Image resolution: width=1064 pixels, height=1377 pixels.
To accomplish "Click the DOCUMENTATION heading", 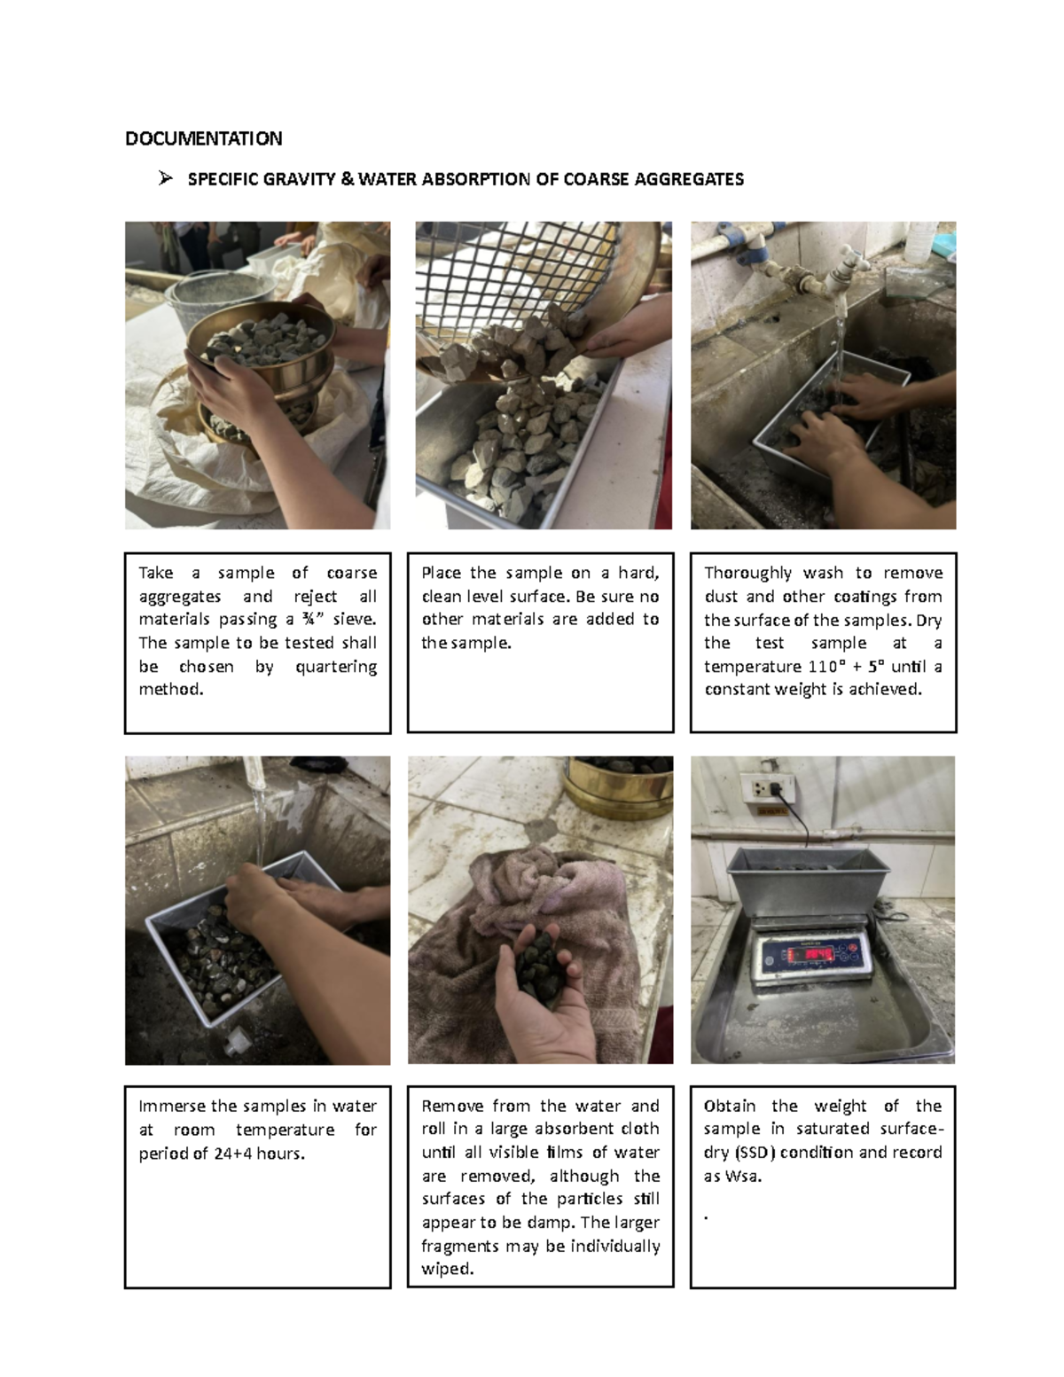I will pyautogui.click(x=203, y=138).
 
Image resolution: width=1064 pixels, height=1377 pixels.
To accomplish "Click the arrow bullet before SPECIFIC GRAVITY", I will pyautogui.click(x=165, y=179).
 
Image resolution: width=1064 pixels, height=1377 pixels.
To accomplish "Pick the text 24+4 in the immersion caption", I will pyautogui.click(x=233, y=1154).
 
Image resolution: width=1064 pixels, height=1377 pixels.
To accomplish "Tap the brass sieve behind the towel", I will pyautogui.click(x=621, y=785).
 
